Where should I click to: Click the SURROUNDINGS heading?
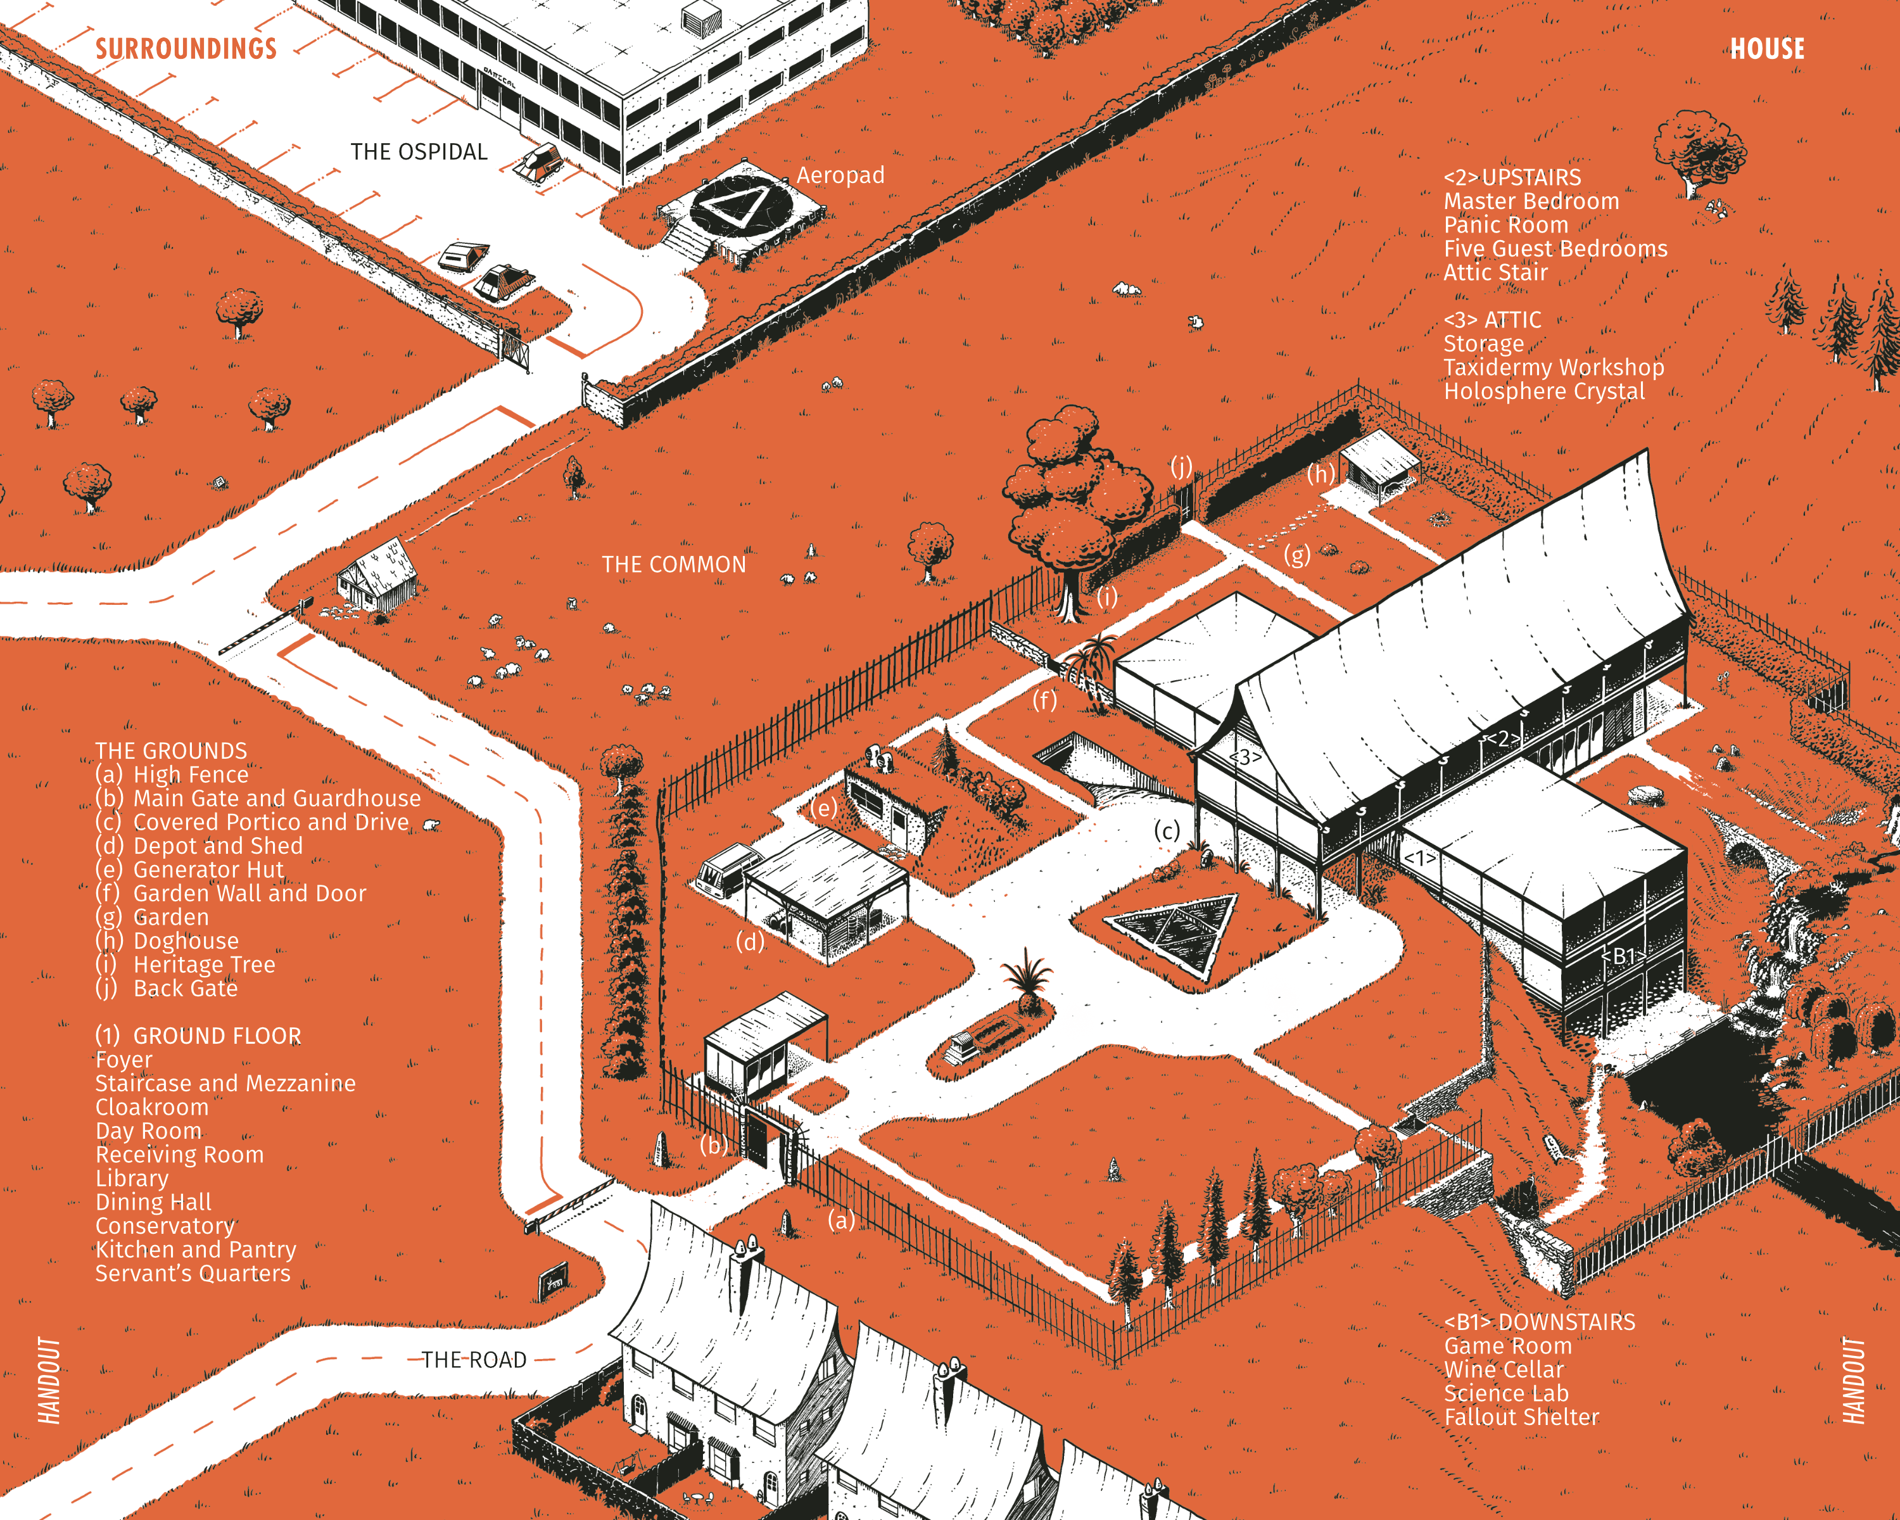tap(186, 49)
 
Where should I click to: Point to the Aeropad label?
tap(840, 175)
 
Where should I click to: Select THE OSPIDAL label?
tap(419, 151)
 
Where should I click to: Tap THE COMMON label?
tap(673, 565)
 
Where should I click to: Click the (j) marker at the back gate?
tap(1181, 466)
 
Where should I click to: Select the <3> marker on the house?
tap(1245, 757)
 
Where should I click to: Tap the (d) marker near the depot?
tap(750, 942)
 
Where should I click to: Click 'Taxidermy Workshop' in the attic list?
tap(1554, 367)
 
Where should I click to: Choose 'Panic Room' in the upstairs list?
tap(1505, 225)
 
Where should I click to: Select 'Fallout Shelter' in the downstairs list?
tap(1521, 1417)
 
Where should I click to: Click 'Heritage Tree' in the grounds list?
tap(203, 965)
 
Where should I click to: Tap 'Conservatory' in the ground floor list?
tap(165, 1225)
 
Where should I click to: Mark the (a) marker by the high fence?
tap(840, 1220)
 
